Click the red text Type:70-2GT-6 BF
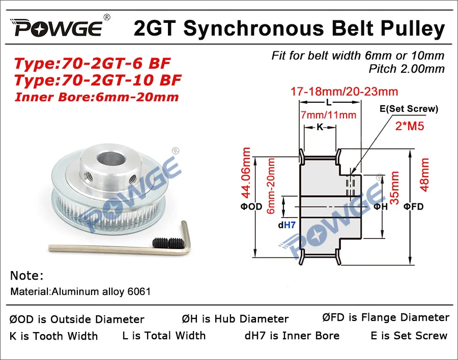(x=92, y=64)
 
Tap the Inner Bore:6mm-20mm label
(x=96, y=97)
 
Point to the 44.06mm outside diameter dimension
(x=246, y=173)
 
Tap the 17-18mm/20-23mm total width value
(x=344, y=92)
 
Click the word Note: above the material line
(x=27, y=276)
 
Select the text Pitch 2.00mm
(x=407, y=68)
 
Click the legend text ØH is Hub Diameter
(x=235, y=319)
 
